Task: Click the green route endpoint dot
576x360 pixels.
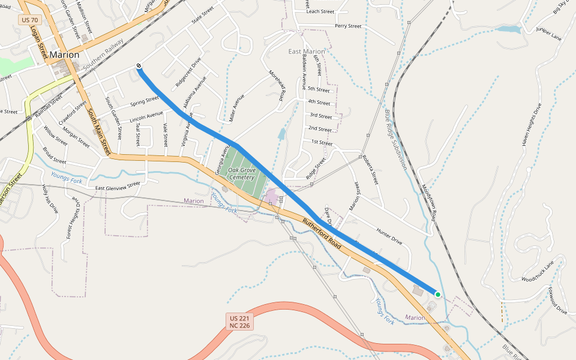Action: [x=438, y=295]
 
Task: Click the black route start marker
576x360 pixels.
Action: [x=139, y=66]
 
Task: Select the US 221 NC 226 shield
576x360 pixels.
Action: [x=239, y=321]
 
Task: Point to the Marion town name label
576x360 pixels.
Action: [x=64, y=55]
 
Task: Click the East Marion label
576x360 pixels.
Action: [x=306, y=52]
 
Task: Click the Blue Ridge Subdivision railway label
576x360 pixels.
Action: [x=395, y=139]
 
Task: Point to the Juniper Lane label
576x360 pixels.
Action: [x=548, y=34]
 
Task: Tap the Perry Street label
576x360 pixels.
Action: [x=348, y=26]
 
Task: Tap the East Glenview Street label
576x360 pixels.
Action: [x=118, y=187]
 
